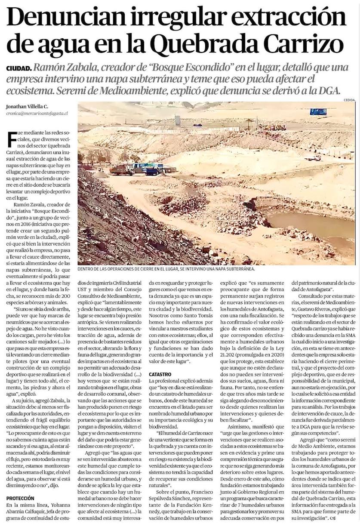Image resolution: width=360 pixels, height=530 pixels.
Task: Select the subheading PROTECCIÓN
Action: [22, 498]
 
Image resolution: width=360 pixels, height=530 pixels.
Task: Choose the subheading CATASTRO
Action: [160, 374]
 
